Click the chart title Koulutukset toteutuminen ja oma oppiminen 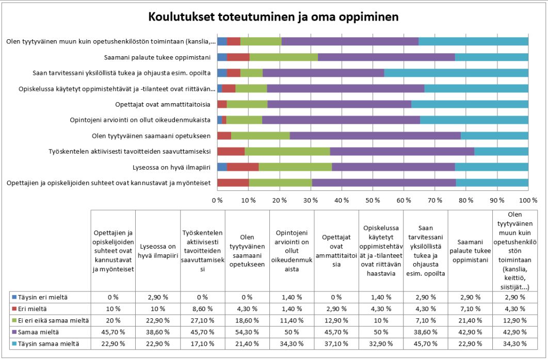pos(273,17)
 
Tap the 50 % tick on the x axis pos(373,200)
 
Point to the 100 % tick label pos(527,200)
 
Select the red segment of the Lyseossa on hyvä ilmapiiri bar pos(243,167)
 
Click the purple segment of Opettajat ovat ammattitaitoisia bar pos(339,104)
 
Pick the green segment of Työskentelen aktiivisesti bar pos(287,151)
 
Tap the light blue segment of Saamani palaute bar pos(491,57)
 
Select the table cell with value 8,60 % pos(202,309)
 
